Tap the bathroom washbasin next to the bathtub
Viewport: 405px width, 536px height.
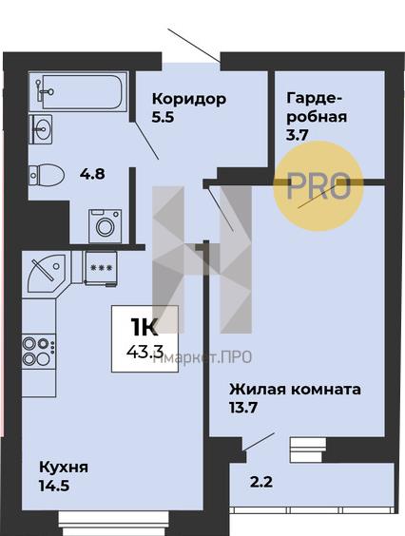point(41,129)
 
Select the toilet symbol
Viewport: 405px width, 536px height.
point(47,175)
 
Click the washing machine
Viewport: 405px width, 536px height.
point(105,226)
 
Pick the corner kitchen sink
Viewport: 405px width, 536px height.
point(47,273)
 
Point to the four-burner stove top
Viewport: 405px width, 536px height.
point(38,351)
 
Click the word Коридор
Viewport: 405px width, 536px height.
point(189,99)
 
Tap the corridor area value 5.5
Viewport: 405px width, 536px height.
point(164,117)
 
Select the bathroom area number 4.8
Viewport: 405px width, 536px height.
point(92,174)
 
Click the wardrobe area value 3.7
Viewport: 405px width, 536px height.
point(298,136)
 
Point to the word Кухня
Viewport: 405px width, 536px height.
point(64,467)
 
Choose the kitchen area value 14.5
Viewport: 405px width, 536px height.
point(54,486)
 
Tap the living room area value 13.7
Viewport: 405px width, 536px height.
point(242,408)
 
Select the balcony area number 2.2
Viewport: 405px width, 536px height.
point(261,483)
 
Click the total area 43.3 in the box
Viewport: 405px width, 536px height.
point(145,351)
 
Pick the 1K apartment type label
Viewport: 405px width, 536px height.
point(144,327)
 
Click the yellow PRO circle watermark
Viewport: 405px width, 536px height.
point(318,186)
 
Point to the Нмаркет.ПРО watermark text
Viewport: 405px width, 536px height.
point(202,357)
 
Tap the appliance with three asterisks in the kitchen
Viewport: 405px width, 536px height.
point(101,268)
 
